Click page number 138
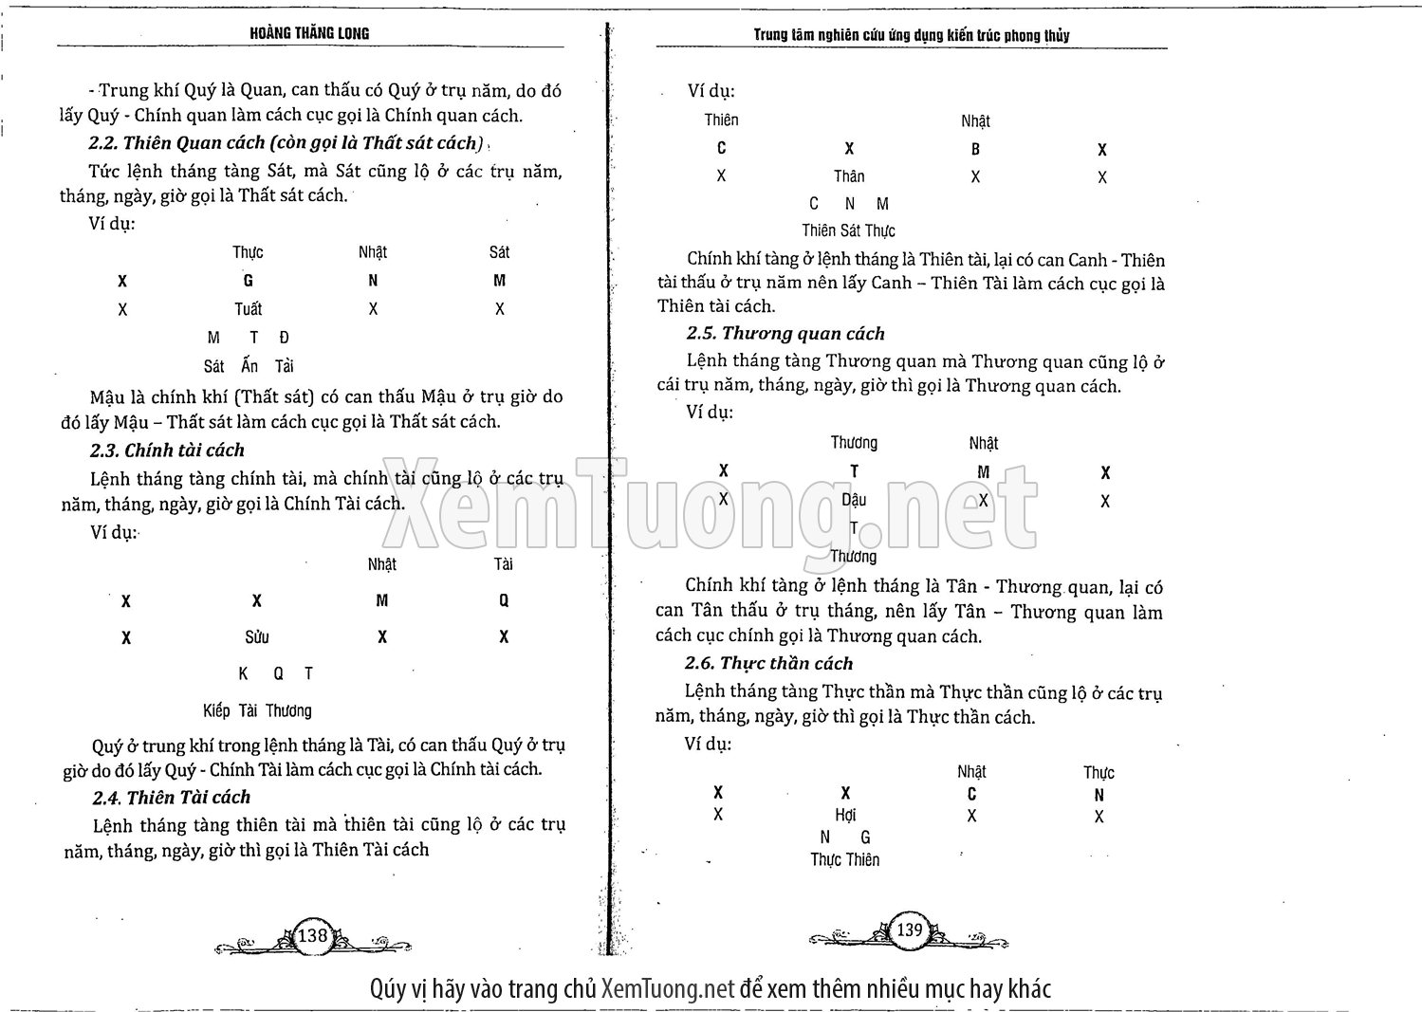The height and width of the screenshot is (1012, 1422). (x=312, y=935)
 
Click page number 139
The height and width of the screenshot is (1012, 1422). (x=909, y=929)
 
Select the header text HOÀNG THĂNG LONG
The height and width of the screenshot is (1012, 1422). (x=309, y=33)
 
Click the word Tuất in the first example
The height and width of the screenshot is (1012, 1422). (x=248, y=309)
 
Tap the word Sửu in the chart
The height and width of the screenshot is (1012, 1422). (x=257, y=637)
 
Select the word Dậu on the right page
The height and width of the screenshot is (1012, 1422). (x=854, y=500)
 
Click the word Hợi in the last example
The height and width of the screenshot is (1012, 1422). (x=845, y=815)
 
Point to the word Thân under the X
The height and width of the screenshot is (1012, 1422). (x=849, y=176)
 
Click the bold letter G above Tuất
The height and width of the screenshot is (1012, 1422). (x=248, y=281)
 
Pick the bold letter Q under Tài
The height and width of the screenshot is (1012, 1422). (x=504, y=600)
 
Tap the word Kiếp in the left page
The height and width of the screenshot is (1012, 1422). (x=216, y=710)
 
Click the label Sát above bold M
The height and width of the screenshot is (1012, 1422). (x=499, y=252)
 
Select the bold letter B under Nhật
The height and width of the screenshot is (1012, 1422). (x=975, y=149)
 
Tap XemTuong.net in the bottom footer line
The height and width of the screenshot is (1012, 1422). (x=668, y=989)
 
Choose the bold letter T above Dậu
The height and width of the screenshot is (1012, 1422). (x=854, y=470)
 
